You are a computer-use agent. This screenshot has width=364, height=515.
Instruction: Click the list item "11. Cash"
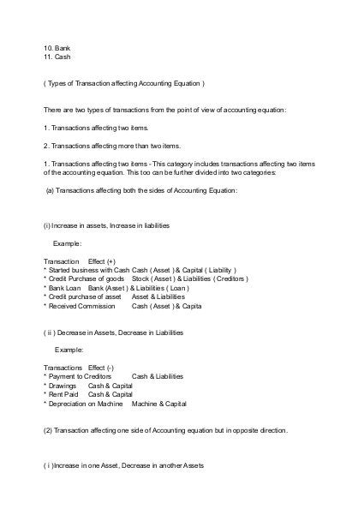tap(57, 57)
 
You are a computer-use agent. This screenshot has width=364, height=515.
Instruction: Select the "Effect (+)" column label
tap(101, 259)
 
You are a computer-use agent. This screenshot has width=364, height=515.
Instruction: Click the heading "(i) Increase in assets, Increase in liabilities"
tap(106, 226)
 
